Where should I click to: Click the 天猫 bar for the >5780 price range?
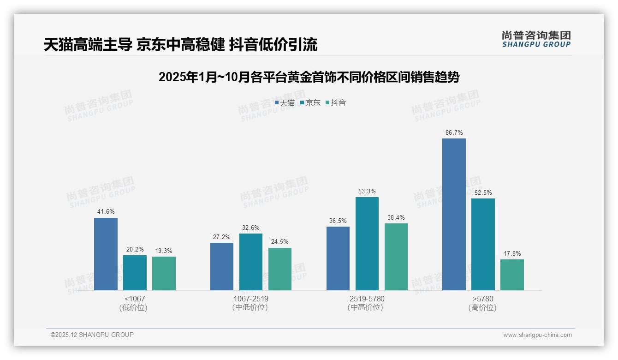coord(454,214)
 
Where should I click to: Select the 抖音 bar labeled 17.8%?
coord(512,275)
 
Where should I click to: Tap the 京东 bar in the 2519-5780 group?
coord(367,244)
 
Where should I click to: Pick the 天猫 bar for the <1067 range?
coord(106,254)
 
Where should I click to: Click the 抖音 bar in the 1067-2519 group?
coord(280,269)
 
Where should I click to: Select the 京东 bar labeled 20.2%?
coord(135,273)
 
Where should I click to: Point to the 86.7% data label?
coord(454,132)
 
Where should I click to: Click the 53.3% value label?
coord(367,191)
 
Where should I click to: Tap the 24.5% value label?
coord(280,242)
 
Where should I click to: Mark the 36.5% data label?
coord(338,221)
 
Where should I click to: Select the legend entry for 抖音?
coord(336,103)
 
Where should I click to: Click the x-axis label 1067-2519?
coord(251,299)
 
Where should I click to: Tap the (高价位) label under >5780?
coord(482,308)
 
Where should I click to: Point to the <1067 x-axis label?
coord(134,299)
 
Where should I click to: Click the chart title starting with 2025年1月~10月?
coord(309,77)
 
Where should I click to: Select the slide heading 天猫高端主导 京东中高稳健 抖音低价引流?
coord(180,45)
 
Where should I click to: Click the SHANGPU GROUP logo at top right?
coord(536,39)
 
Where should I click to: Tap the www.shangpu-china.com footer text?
coord(537,335)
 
